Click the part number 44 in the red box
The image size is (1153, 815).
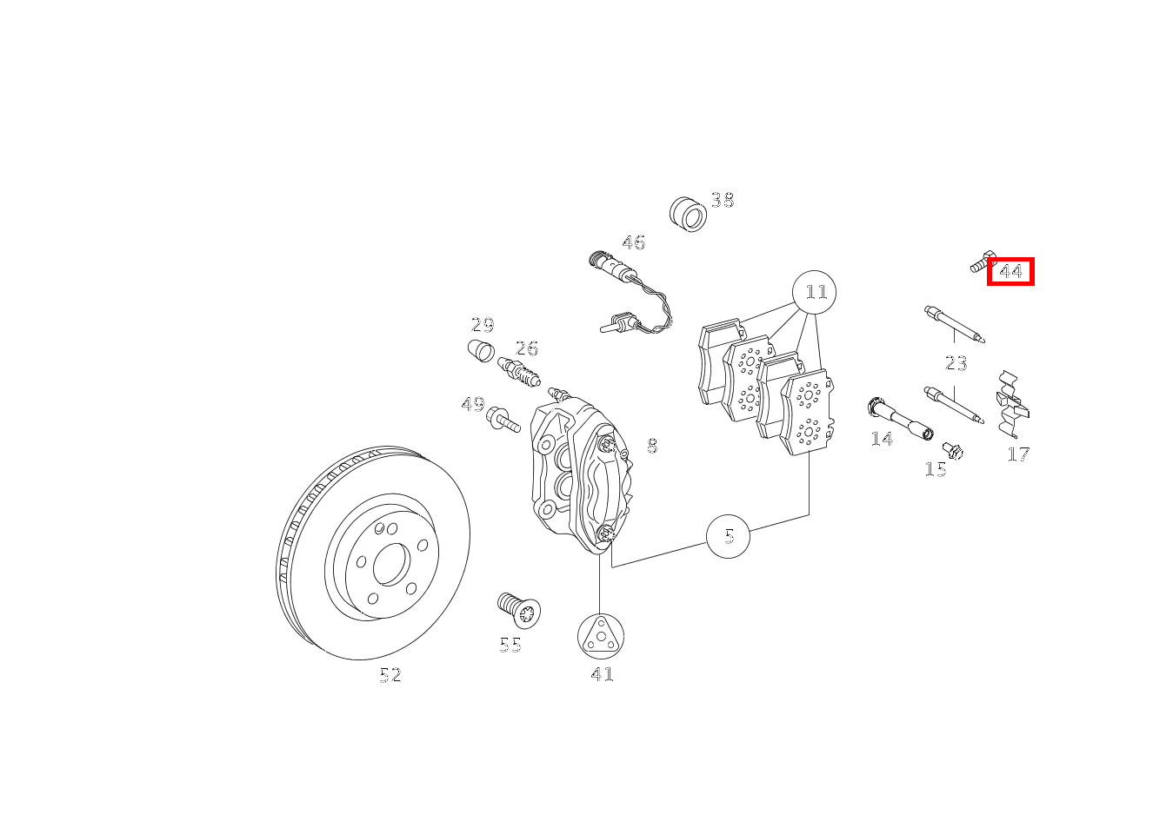1010,272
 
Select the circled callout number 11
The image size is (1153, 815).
815,292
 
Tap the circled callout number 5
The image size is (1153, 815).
729,536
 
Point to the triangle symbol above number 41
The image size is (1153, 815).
600,636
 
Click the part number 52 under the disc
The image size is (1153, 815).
390,675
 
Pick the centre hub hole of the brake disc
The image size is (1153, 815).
391,566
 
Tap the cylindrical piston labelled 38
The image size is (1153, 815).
689,214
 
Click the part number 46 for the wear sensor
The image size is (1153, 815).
633,242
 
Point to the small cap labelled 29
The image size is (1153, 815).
481,352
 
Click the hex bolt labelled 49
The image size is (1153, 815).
503,420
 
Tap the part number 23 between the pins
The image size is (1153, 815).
956,363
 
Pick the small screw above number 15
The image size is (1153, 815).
953,450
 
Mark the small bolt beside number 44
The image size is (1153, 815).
982,262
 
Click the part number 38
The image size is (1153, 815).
722,201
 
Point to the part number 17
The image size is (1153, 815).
1018,454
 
